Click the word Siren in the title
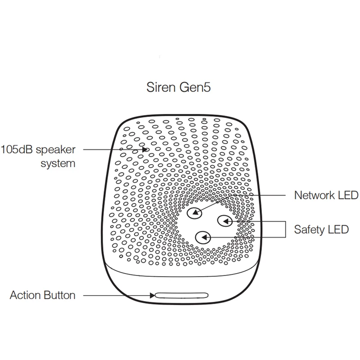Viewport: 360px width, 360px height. tap(160, 87)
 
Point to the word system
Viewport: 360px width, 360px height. tap(58, 163)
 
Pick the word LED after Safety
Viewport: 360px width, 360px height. tap(338, 229)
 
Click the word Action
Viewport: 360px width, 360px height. tap(25, 296)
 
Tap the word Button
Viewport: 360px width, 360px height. tap(59, 296)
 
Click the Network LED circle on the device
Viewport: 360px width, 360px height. tap(194, 213)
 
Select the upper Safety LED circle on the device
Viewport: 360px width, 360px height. tap(225, 220)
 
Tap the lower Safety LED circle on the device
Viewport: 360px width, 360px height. tap(203, 236)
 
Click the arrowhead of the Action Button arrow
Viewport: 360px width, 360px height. tap(152, 296)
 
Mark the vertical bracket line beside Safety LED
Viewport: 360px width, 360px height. tap(286, 229)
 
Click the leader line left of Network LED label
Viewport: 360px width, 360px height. tap(265, 195)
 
